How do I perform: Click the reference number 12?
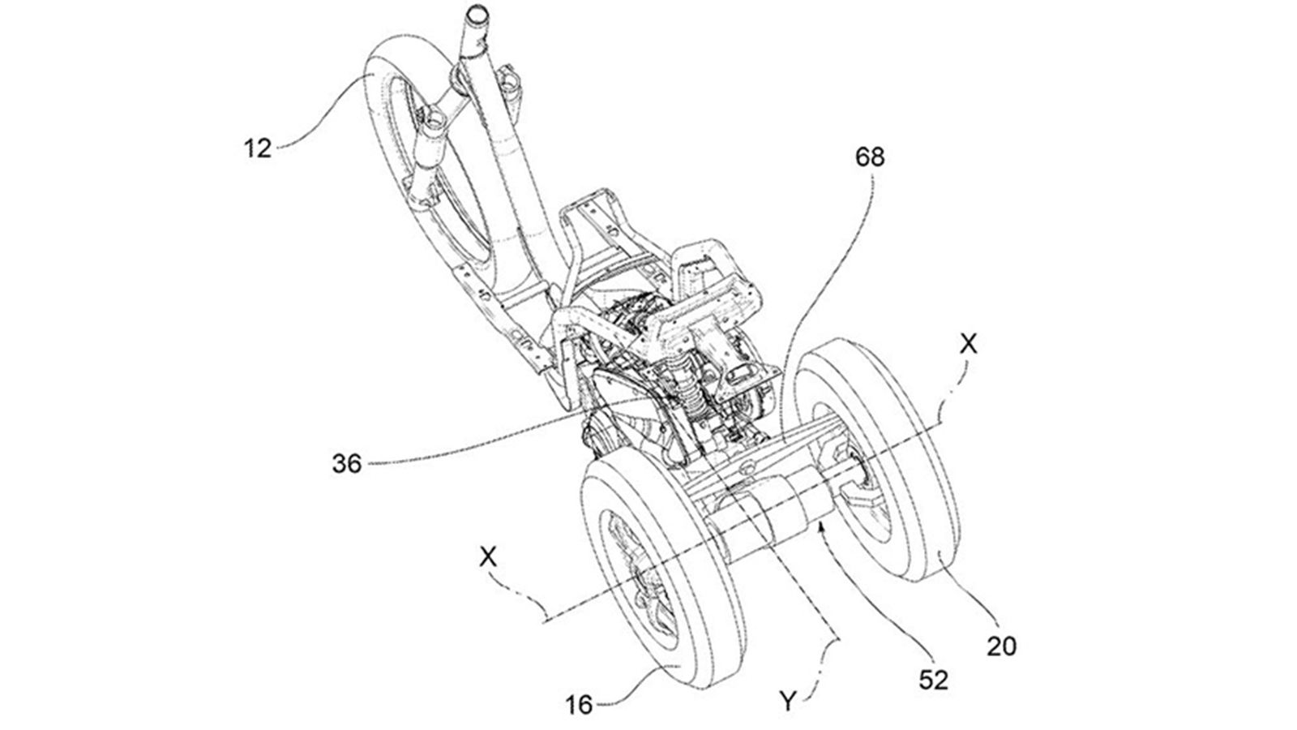258,148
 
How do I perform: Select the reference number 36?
346,465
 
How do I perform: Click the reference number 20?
1001,646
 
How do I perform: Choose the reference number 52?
933,680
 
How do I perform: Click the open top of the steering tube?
476,15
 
